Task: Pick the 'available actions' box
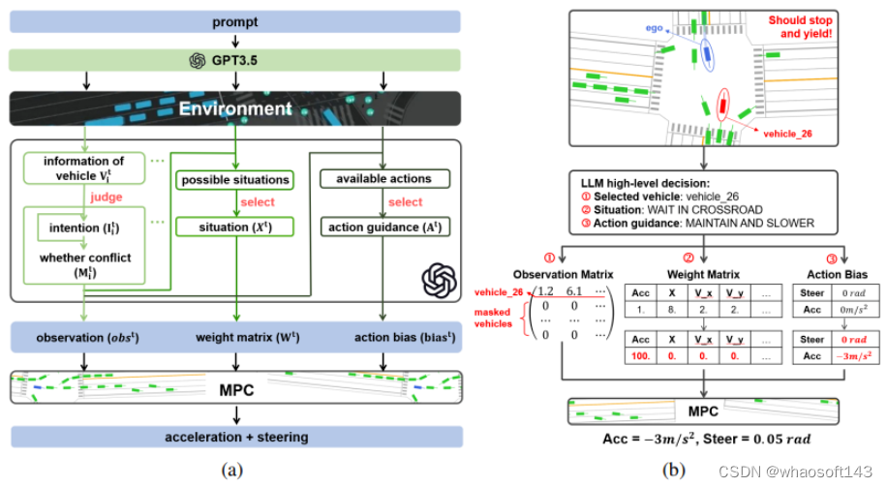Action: [x=383, y=179]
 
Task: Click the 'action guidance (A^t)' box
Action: [x=383, y=228]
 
